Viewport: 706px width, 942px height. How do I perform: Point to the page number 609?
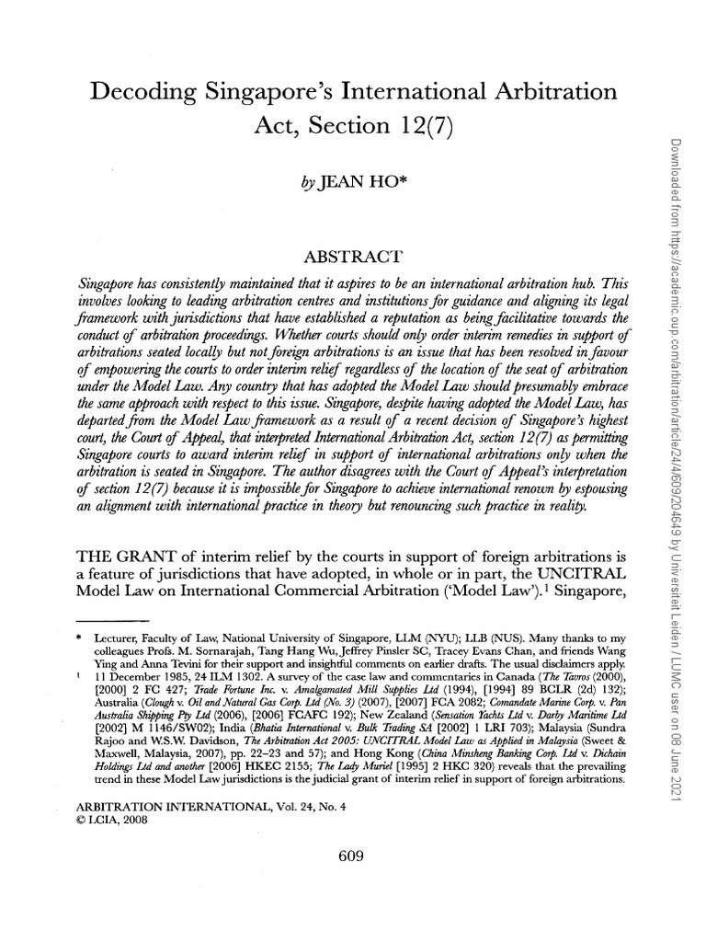tap(353, 855)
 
